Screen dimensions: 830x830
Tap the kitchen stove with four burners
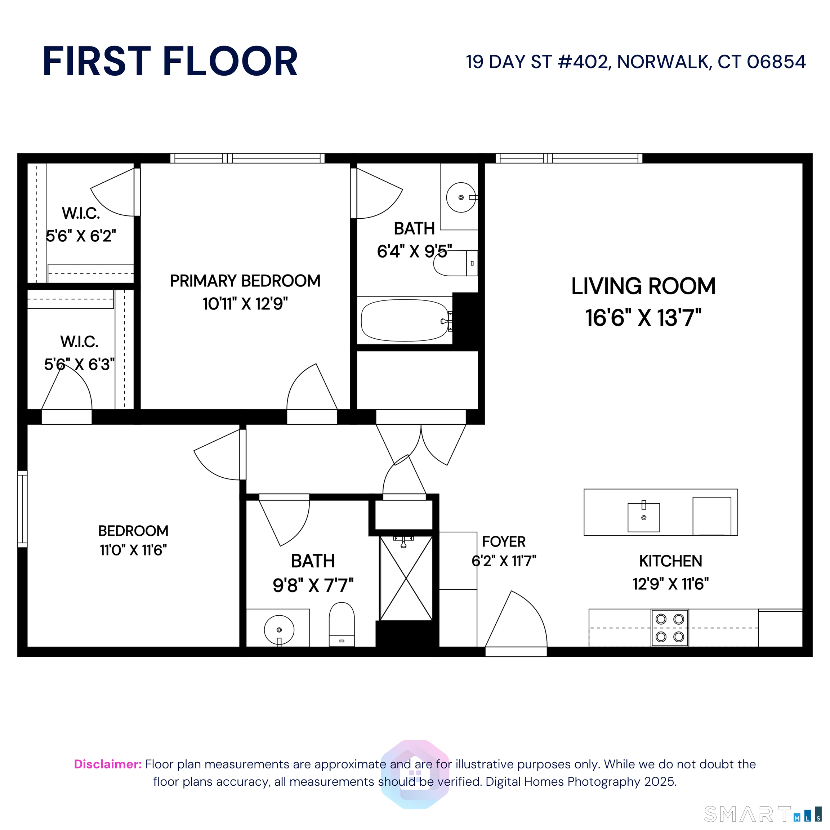670,628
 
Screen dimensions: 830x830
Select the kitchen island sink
643,517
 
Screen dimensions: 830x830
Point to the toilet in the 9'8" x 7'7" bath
342,624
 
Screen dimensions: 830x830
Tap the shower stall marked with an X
406,578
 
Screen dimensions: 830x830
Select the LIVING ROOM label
643,286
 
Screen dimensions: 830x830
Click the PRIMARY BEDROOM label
245,281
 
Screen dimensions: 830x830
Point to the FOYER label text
504,542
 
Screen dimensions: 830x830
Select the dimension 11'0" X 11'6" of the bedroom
133,550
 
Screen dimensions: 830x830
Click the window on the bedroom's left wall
22,509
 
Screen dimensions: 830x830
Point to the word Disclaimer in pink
107,764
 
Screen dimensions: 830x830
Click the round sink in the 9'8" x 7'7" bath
279,630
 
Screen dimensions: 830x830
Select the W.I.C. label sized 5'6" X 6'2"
81,213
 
